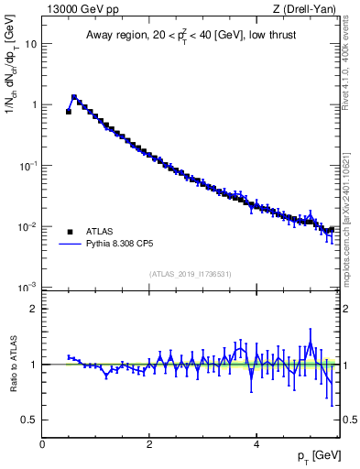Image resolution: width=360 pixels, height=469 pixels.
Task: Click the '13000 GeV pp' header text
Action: pyautogui.click(x=80, y=10)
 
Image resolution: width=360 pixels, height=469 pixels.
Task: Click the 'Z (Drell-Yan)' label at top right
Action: pyautogui.click(x=308, y=10)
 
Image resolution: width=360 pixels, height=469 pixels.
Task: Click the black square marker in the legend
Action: pyautogui.click(x=70, y=232)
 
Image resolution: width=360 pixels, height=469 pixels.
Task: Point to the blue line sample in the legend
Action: pyautogui.click(x=70, y=245)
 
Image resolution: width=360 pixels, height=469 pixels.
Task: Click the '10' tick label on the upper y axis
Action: pyautogui.click(x=31, y=43)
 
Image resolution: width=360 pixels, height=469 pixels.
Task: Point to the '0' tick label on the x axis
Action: pyautogui.click(x=42, y=444)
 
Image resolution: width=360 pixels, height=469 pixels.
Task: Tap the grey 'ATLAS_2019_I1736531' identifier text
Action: pyautogui.click(x=191, y=274)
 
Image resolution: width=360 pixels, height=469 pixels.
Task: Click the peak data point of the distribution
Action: pyautogui.click(x=74, y=96)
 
